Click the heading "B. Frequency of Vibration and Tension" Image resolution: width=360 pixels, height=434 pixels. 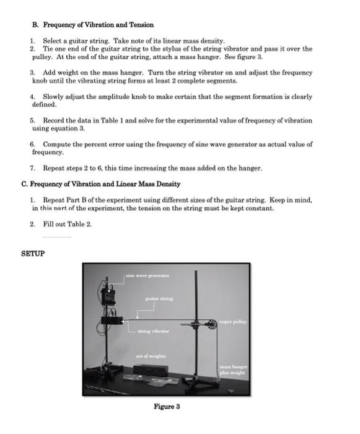click(93, 25)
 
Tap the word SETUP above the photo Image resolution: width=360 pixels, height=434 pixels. click(33, 254)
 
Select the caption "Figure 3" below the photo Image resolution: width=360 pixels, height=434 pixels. click(167, 406)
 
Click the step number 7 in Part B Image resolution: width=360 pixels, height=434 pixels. click(32, 168)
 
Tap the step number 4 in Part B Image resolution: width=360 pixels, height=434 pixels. click(32, 97)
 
